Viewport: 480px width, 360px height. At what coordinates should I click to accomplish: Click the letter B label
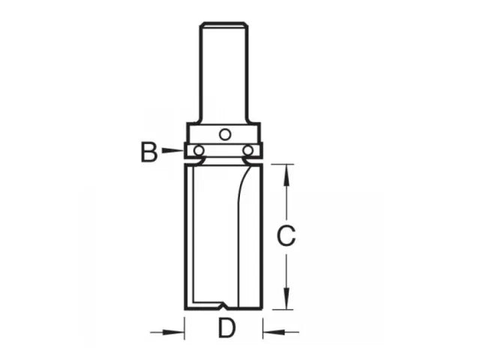point(148,152)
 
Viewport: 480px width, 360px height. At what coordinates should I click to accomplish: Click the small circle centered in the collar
point(223,134)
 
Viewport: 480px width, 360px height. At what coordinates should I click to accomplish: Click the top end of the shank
point(223,25)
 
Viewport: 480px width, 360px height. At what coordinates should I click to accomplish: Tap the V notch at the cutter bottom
point(223,306)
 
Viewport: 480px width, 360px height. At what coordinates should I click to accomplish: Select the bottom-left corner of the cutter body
point(184,308)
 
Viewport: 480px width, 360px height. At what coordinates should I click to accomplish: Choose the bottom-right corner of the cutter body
point(262,308)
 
